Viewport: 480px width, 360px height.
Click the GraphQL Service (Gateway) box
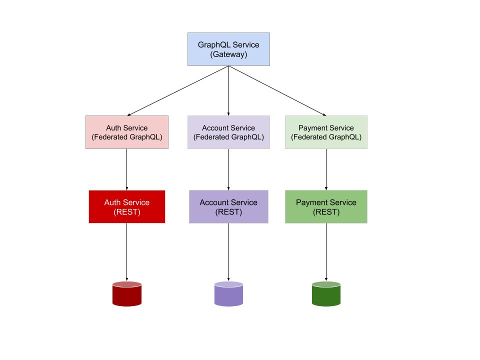(x=228, y=49)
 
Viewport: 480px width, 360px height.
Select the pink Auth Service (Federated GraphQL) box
(x=127, y=132)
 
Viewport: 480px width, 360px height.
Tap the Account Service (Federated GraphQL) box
(x=228, y=132)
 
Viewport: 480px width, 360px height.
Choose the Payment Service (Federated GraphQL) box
(x=326, y=132)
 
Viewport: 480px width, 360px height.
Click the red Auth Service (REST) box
(x=127, y=206)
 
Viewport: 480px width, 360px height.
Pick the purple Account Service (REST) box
(x=228, y=206)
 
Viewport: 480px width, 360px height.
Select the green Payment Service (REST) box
(x=326, y=206)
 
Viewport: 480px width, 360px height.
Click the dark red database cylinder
(x=127, y=293)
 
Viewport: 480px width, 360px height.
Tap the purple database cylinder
(x=228, y=293)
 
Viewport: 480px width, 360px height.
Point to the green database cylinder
(x=326, y=293)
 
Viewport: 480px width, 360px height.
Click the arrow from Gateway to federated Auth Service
(x=178, y=90)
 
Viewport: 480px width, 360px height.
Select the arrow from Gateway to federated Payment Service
(x=277, y=90)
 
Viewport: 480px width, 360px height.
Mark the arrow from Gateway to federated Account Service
(x=228, y=90)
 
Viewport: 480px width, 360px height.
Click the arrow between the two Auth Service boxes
(x=127, y=169)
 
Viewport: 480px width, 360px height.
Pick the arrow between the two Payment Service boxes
(x=326, y=169)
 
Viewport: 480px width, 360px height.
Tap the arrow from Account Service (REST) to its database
(x=228, y=251)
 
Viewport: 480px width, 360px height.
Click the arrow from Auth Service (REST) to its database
(x=127, y=251)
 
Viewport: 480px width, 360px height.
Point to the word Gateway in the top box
(x=228, y=54)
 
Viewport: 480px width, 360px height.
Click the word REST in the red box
(x=127, y=211)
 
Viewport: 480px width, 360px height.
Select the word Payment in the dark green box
(x=311, y=202)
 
